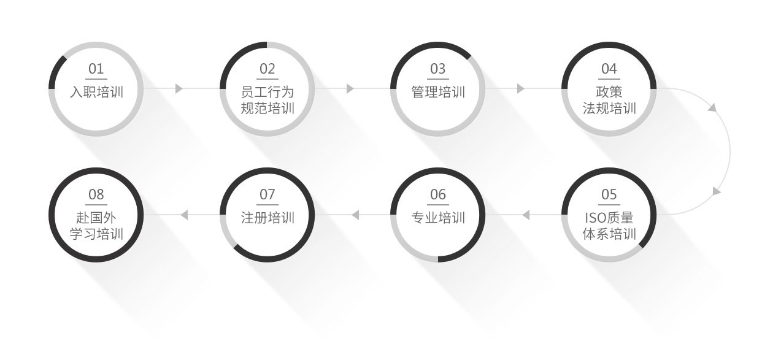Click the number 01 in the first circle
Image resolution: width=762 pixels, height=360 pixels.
click(x=96, y=69)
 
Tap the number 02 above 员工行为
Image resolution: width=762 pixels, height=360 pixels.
click(x=267, y=69)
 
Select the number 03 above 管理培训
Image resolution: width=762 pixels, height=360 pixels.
click(x=438, y=69)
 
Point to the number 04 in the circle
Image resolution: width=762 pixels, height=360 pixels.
click(x=609, y=69)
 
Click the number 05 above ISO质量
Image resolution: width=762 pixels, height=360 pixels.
click(x=609, y=195)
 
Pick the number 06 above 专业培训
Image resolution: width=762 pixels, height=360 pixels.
click(x=438, y=195)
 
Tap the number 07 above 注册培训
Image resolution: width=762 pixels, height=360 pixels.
click(x=267, y=195)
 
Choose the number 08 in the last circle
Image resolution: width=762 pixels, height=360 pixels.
click(x=96, y=195)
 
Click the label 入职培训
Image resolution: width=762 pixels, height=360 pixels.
click(x=96, y=92)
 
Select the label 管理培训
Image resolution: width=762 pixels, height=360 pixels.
click(x=438, y=92)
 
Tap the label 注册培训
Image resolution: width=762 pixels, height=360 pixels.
click(x=267, y=218)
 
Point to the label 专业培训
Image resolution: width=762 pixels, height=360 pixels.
click(x=438, y=218)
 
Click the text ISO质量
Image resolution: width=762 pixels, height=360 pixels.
click(x=609, y=218)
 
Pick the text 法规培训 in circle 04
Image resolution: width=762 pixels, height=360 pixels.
click(x=609, y=109)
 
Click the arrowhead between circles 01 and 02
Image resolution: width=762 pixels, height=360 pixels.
click(x=179, y=89)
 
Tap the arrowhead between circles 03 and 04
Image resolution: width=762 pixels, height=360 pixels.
click(x=521, y=89)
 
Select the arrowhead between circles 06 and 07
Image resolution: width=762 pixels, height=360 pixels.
click(x=355, y=215)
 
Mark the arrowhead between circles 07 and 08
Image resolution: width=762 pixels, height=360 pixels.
click(x=184, y=215)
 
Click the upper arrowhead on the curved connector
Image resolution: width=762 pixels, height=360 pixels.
click(x=712, y=107)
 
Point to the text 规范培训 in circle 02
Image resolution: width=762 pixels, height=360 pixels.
click(x=267, y=109)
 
